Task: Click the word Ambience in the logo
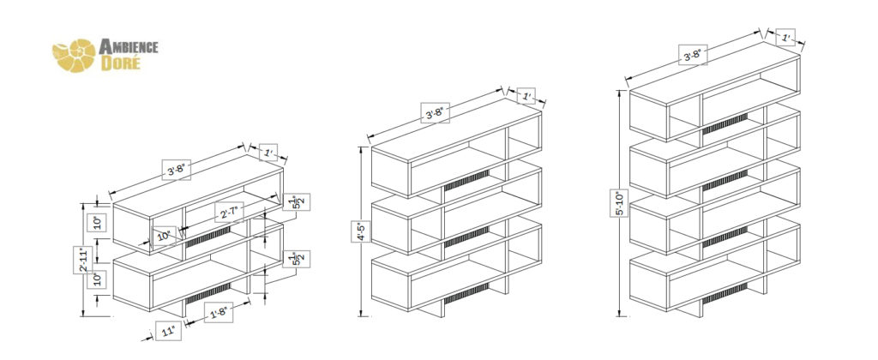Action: (129, 46)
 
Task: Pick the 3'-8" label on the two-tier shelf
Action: (177, 170)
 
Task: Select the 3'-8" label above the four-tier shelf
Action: (692, 55)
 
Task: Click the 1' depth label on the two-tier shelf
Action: (270, 153)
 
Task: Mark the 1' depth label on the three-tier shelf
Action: (526, 96)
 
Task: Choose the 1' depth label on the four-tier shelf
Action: (785, 38)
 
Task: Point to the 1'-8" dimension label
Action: (220, 314)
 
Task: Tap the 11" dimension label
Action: (167, 331)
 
